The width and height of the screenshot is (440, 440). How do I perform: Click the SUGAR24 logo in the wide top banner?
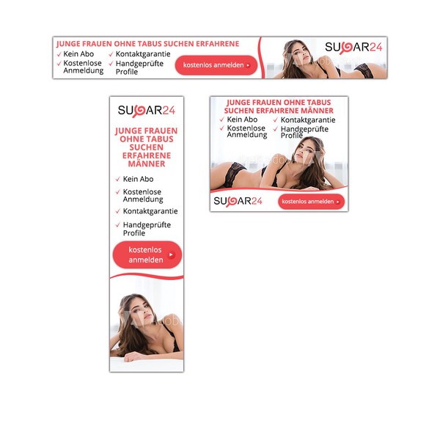click(353, 47)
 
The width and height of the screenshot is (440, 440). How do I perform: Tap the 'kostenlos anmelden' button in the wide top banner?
click(216, 65)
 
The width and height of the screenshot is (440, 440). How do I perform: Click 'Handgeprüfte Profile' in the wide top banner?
click(136, 67)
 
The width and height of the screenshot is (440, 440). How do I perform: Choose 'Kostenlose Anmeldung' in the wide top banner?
click(83, 67)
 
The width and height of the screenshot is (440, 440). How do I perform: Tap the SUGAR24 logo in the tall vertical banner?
click(147, 110)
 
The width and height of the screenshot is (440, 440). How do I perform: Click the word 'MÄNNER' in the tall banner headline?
click(147, 164)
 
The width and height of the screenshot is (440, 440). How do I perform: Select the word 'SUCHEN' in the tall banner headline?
click(147, 147)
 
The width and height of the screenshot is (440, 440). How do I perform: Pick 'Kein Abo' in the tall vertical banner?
click(138, 179)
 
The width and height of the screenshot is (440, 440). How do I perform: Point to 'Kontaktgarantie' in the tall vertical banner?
click(150, 211)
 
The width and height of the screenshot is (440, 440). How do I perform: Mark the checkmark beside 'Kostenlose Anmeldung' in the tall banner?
click(117, 192)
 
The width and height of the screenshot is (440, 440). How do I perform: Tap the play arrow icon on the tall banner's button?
click(171, 255)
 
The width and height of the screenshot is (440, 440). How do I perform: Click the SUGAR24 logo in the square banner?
click(238, 201)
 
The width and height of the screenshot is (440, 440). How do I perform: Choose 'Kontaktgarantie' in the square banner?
click(308, 120)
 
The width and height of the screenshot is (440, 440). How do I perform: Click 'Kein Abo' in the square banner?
click(242, 120)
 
